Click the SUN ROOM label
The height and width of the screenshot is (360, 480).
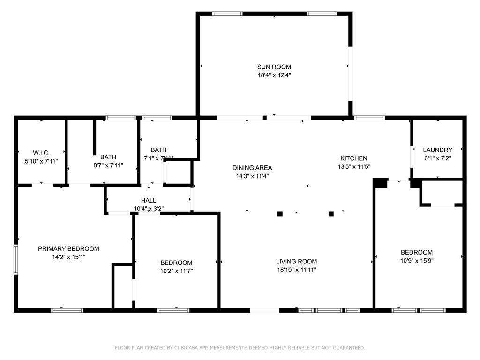point(274,67)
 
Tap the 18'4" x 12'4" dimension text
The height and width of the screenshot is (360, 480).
point(274,75)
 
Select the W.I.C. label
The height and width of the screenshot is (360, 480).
point(41,153)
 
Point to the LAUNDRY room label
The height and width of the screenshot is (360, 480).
point(437,150)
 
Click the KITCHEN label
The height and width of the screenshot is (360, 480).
point(354,158)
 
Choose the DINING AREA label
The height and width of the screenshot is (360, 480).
point(252,168)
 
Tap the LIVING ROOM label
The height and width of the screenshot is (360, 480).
point(296,262)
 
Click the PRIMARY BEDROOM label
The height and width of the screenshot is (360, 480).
point(68,248)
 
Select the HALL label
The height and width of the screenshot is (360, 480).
point(149,201)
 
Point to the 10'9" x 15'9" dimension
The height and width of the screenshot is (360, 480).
point(417,261)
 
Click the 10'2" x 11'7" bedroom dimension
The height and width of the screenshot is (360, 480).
point(176,271)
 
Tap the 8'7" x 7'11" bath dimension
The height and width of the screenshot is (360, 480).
point(108,165)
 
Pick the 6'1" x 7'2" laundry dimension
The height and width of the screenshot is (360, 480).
point(437,158)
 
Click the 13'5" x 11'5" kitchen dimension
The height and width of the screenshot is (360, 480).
point(354,167)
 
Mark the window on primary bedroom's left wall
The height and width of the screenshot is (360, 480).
point(16,259)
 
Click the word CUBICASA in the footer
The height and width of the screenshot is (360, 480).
point(187,348)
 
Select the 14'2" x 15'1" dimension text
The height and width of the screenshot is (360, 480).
point(68,257)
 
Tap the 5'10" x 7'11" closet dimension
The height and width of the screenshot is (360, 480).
point(41,161)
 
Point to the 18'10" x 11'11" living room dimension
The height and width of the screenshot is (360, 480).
point(296,270)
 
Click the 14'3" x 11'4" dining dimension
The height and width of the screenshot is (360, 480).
point(252,176)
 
